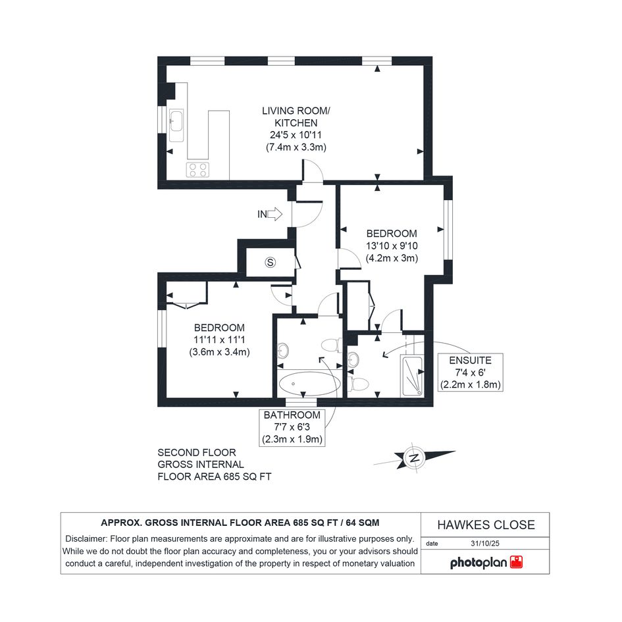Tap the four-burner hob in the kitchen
click(x=197, y=170)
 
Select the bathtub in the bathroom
click(x=309, y=384)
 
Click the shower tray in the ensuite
click(x=413, y=376)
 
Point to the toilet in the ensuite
click(x=358, y=384)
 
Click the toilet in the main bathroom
click(x=332, y=345)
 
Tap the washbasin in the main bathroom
click(x=283, y=350)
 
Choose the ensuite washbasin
click(x=353, y=360)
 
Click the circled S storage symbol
click(x=270, y=262)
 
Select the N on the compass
click(x=415, y=458)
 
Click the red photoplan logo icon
click(x=516, y=562)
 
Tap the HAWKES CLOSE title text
click(x=486, y=525)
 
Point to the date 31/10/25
click(x=484, y=544)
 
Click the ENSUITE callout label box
click(x=471, y=373)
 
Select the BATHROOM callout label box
click(x=292, y=427)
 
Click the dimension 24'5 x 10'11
click(x=296, y=135)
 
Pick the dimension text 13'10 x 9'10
click(x=392, y=246)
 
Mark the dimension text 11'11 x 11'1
click(x=219, y=340)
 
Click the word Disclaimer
click(x=86, y=538)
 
